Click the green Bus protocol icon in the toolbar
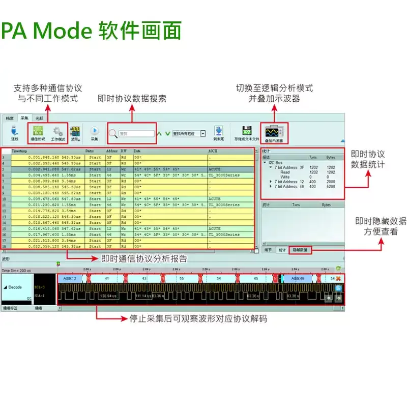38,130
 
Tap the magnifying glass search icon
113,133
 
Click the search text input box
136,134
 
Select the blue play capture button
94,131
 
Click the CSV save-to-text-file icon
247,131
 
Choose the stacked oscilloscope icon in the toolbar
274,132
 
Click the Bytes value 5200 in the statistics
332,186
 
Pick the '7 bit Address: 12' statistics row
289,182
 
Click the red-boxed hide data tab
300,250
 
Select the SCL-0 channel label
40,287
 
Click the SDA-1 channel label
40,295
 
